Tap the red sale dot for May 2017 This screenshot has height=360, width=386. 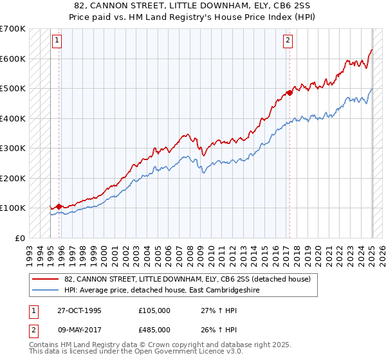click(x=289, y=93)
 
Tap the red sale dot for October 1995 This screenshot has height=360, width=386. click(x=59, y=206)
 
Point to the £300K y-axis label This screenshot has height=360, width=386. click(x=13, y=148)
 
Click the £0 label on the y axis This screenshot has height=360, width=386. click(x=19, y=238)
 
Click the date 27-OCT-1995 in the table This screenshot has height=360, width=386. click(x=78, y=310)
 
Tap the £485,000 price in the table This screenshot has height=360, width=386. click(x=154, y=329)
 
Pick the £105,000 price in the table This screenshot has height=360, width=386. click(x=154, y=310)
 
